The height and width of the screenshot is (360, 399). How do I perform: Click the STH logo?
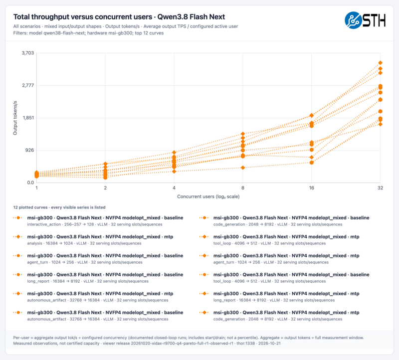pyautogui.click(x=365, y=20)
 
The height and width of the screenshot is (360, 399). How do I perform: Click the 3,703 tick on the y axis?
pyautogui.click(x=28, y=53)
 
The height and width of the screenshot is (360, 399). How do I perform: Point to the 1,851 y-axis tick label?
pyautogui.click(x=28, y=118)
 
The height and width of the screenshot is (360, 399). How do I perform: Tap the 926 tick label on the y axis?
pyautogui.click(x=29, y=150)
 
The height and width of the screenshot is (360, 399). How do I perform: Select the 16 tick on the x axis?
pyautogui.click(x=311, y=188)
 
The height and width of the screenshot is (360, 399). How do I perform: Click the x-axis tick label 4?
pyautogui.click(x=174, y=188)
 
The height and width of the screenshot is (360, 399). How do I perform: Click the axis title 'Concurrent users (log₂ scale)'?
pyautogui.click(x=208, y=196)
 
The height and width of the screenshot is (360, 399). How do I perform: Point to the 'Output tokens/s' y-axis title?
pyautogui.click(x=15, y=118)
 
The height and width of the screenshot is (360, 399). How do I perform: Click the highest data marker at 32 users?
pyautogui.click(x=380, y=63)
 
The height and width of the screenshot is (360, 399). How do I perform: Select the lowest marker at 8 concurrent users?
pyautogui.click(x=243, y=168)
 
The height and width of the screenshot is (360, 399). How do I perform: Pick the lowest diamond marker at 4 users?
pyautogui.click(x=174, y=172)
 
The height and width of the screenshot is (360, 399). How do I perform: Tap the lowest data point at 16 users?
pyautogui.click(x=311, y=163)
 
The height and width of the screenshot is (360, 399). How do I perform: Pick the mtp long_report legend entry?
pyautogui.click(x=279, y=297)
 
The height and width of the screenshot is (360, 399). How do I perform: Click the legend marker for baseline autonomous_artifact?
pyautogui.click(x=18, y=313)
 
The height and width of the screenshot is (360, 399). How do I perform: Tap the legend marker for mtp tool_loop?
pyautogui.click(x=204, y=237)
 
